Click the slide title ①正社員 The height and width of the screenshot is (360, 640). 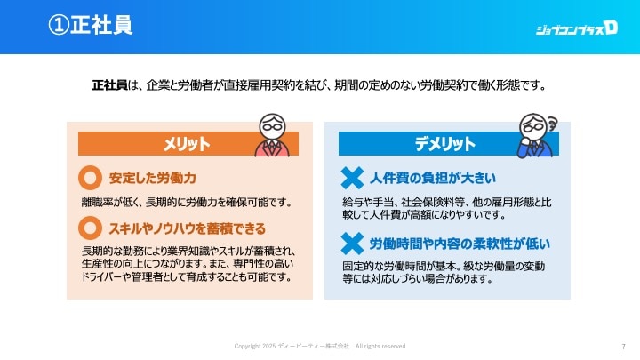pos(90,25)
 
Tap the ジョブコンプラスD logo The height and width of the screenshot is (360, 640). pos(576,28)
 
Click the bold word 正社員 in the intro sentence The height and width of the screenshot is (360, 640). pos(110,85)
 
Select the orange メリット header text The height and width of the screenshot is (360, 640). pos(187,144)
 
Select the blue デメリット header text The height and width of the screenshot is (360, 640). pos(445,144)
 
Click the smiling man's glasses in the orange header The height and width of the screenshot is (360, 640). pos(272,126)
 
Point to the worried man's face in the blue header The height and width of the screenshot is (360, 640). pos(532,127)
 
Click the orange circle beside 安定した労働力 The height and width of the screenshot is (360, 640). pos(90,178)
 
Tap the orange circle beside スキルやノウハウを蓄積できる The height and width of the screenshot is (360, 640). pos(90,228)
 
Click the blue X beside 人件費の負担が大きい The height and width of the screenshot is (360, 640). pos(352,178)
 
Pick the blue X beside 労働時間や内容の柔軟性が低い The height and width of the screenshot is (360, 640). pos(352,244)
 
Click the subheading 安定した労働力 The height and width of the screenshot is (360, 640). pos(153,178)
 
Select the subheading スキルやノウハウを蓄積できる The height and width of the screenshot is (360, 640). pos(188,228)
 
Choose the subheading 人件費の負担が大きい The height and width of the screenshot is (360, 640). pos(433,178)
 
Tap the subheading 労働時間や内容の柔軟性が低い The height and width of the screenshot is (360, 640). pos(460,244)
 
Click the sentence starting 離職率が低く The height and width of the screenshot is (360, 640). pos(187,203)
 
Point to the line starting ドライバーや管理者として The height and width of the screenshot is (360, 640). pos(187,277)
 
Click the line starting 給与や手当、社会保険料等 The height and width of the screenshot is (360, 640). pos(447,203)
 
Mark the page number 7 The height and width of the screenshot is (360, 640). pos(623,347)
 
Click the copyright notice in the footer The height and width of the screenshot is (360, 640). pos(320,346)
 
